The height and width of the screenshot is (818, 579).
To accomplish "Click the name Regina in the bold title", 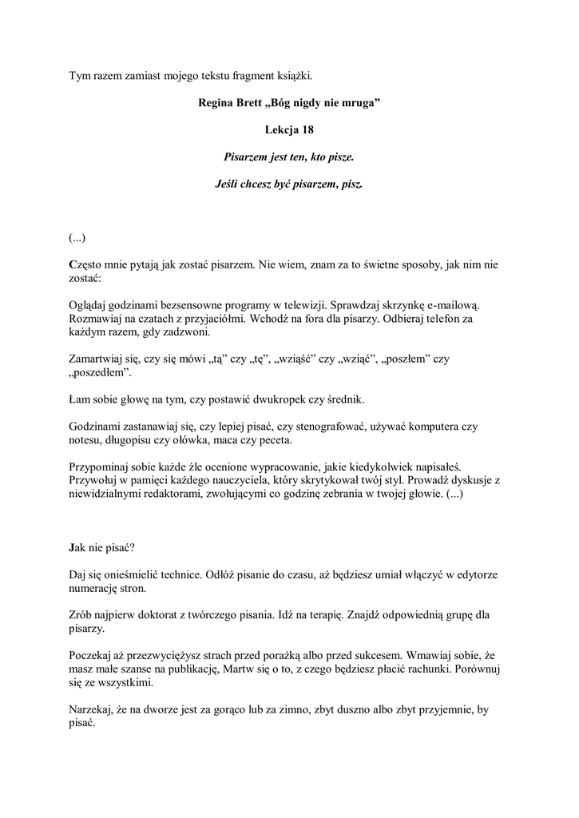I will [216, 103].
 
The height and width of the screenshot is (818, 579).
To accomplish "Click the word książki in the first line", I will [292, 76].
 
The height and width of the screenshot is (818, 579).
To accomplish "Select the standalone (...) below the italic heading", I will [77, 238].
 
